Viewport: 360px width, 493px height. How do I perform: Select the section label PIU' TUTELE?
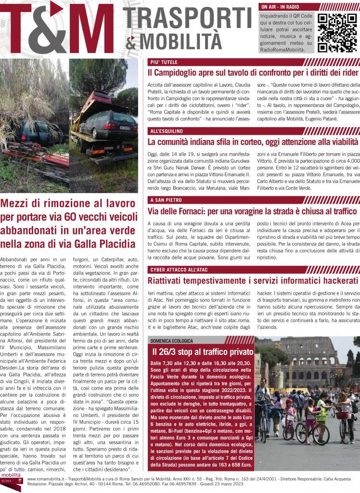(x=164, y=62)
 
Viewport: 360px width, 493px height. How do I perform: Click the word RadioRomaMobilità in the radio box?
(x=282, y=50)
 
